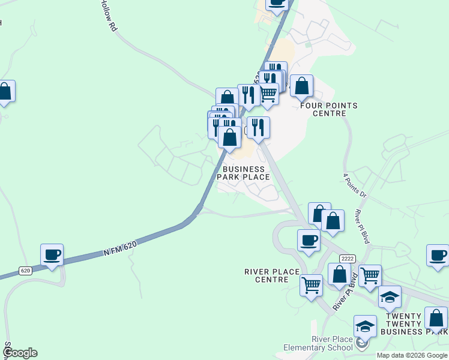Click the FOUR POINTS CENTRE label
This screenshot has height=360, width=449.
pos(329,109)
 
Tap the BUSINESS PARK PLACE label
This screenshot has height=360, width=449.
pos(243,173)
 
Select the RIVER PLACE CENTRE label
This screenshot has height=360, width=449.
pos(272,275)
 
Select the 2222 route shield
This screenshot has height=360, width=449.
pos(346,258)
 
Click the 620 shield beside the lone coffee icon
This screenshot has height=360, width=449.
pos(25,271)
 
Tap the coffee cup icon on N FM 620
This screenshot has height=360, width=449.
pos(52,254)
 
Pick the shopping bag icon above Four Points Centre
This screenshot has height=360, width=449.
pos(301,86)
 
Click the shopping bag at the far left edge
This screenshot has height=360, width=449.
pos(5,91)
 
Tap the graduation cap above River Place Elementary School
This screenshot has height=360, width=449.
pos(365,326)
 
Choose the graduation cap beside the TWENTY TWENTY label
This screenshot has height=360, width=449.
pos(390,296)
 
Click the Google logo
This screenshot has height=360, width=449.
pos(20,353)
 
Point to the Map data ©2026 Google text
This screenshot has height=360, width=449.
pos(412,355)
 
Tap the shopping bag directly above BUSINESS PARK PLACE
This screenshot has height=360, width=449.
pos(229,137)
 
